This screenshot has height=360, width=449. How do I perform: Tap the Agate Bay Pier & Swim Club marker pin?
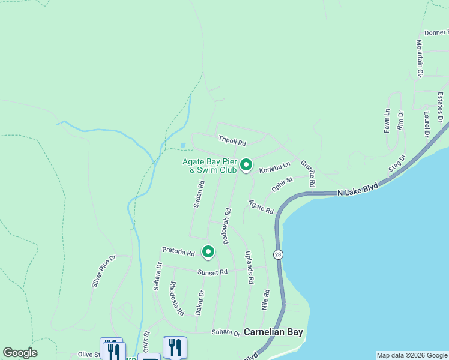point(246,164)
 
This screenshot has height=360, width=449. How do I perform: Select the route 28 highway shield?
point(277,254)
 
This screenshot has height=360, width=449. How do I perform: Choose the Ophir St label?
point(282,184)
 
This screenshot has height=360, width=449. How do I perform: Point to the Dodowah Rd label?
point(227,226)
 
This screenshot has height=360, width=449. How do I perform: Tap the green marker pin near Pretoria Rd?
point(208,252)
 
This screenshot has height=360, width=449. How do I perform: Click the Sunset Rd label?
point(213,272)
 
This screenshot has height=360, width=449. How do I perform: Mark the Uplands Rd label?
point(249,267)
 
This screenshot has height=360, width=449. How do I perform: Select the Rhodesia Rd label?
point(176,298)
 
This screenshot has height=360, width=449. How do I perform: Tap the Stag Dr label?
point(397,163)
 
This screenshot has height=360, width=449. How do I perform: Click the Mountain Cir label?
point(420,58)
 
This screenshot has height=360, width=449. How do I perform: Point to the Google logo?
point(20,353)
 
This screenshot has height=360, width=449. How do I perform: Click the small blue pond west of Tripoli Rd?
point(182,145)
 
